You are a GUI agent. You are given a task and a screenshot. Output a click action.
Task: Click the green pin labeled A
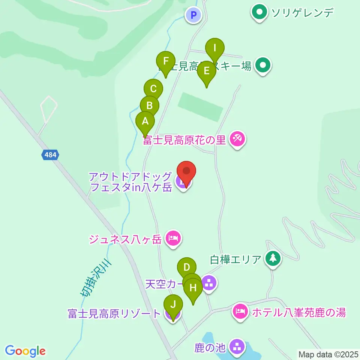pos(145,121)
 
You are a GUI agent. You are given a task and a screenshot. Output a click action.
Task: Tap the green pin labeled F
pos(166,61)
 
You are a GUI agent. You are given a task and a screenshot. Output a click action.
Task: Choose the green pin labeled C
pos(153,89)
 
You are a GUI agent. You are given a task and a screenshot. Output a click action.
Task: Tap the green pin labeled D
pos(187,268)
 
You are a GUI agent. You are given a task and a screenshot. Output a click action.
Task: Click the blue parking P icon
pos(193,15)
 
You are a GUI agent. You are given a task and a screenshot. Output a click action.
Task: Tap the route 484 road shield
pos(50,154)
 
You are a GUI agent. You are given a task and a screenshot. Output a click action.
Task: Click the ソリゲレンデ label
pos(302,13)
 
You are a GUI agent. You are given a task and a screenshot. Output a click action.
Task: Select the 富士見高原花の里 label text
pos(184,140)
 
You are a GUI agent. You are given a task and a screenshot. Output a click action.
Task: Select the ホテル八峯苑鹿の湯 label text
pos(298,312)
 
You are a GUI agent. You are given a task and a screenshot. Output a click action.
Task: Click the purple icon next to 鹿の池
pos(237,347)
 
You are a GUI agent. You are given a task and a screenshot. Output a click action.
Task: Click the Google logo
pos(25,351)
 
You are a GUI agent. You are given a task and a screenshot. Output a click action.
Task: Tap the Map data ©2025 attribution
pos(328,354)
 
